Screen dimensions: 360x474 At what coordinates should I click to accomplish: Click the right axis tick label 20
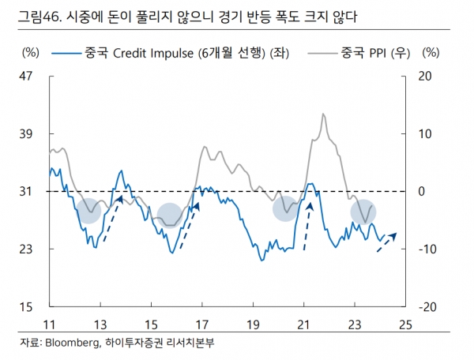coord(425,77)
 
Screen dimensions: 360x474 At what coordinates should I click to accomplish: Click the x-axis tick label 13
coord(100,324)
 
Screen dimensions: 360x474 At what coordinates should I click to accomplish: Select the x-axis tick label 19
coord(253,324)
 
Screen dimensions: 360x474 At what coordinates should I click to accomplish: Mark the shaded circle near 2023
coord(363,212)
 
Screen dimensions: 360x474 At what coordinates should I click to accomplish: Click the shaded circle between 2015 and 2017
coord(169,214)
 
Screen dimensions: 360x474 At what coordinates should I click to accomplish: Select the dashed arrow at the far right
coord(386,242)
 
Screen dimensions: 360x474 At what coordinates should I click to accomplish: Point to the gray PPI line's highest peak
coord(323,114)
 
